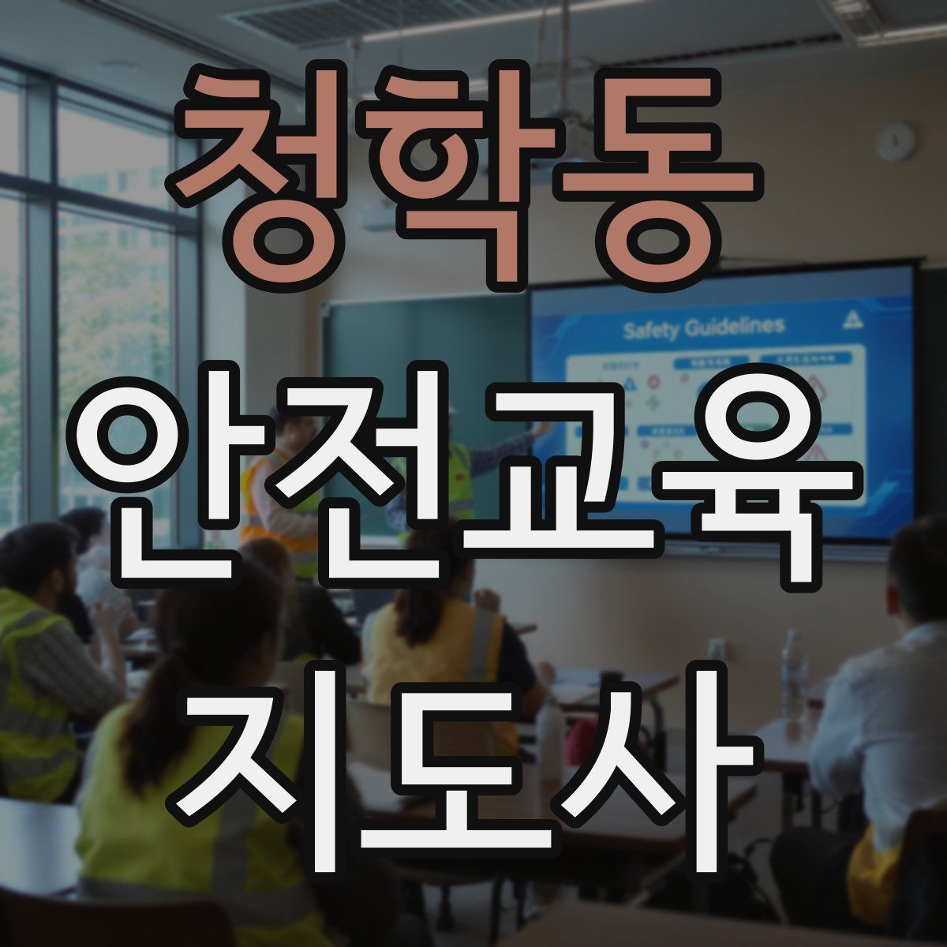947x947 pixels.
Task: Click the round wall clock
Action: (x=896, y=142)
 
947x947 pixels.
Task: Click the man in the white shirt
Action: (x=876, y=710)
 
